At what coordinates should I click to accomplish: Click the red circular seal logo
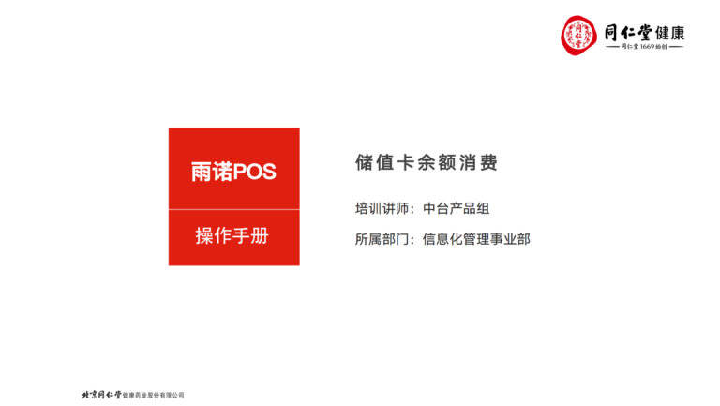tap(578, 36)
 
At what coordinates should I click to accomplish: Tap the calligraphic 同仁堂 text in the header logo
tap(628, 33)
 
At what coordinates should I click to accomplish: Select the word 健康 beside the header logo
tap(670, 33)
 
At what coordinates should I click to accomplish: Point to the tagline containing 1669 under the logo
tap(645, 46)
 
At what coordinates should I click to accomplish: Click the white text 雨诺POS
tap(233, 172)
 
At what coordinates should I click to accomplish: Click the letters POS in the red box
tap(255, 173)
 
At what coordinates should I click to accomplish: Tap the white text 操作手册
tap(232, 235)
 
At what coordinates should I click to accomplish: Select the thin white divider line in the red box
tap(234, 210)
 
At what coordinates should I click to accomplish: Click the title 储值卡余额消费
tap(427, 162)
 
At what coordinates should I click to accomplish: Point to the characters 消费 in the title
tap(478, 162)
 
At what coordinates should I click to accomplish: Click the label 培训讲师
tap(382, 208)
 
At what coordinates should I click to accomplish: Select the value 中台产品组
tap(456, 208)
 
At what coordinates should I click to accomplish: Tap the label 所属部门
tap(382, 239)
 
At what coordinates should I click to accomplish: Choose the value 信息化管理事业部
tap(476, 239)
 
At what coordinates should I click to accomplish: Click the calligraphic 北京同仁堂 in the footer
tap(101, 395)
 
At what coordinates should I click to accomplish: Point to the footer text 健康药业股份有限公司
tap(153, 395)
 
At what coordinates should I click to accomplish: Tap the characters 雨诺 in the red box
tap(212, 172)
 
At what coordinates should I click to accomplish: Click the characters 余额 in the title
tap(437, 162)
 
